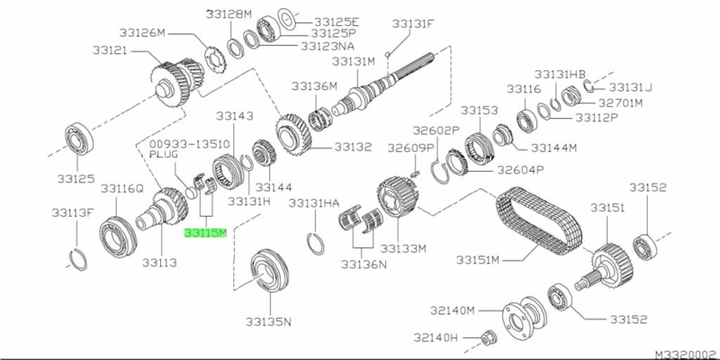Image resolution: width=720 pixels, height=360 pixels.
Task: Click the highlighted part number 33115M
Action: [x=205, y=234]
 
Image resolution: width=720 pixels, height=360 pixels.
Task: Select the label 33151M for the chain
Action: [x=478, y=260]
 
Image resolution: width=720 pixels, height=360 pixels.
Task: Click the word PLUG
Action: [x=164, y=154]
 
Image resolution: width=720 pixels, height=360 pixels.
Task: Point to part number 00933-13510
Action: [x=189, y=144]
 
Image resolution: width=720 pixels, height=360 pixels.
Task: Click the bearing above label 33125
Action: [x=79, y=139]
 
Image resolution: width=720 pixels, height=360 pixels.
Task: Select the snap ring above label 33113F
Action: [x=78, y=259]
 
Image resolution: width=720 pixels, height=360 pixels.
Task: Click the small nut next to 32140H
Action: [x=488, y=339]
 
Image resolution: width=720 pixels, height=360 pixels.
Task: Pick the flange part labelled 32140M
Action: [x=524, y=316]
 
